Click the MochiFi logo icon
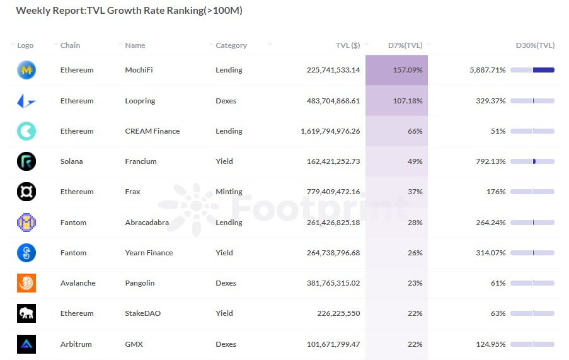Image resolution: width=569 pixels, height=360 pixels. click(x=26, y=70)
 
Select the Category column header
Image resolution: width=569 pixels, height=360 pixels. click(x=231, y=45)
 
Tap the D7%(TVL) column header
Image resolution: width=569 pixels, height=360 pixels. click(x=405, y=45)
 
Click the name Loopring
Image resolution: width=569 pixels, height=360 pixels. click(x=140, y=101)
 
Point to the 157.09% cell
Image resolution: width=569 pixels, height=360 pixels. click(x=407, y=70)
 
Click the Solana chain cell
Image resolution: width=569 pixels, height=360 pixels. click(x=71, y=161)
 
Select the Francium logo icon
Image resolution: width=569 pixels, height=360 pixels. click(x=26, y=161)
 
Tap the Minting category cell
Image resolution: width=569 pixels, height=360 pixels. click(x=229, y=192)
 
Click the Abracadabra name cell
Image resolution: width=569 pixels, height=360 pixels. click(x=149, y=223)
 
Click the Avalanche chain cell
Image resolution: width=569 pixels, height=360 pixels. click(x=78, y=283)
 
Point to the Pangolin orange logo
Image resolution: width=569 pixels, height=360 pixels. click(x=26, y=283)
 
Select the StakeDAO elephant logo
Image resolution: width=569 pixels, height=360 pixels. click(x=26, y=313)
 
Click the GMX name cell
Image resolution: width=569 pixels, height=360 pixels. click(x=134, y=344)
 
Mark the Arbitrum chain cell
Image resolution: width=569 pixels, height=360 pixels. click(x=76, y=344)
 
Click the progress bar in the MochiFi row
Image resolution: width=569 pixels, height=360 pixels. click(x=532, y=70)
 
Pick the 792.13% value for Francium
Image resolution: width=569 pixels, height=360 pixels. click(x=490, y=161)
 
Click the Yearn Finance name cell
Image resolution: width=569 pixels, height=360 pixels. click(x=149, y=253)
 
